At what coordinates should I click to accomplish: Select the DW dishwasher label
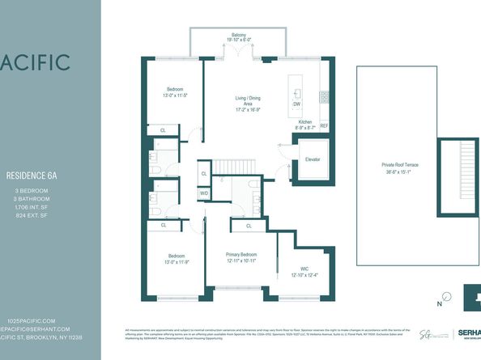tap(296, 104)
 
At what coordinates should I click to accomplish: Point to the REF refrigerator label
tap(324, 126)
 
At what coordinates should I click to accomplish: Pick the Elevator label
tap(312, 159)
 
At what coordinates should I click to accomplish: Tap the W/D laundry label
tap(204, 194)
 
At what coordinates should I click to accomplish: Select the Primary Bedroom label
tap(241, 253)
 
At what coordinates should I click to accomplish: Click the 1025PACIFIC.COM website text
tap(32, 320)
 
